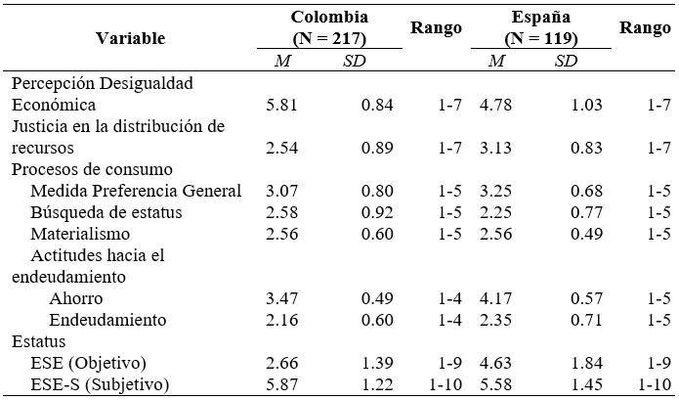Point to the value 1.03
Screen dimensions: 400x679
pos(589,105)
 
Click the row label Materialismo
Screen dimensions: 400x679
pos(80,234)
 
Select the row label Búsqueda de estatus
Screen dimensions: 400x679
pos(103,212)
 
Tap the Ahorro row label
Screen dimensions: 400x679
pos(75,298)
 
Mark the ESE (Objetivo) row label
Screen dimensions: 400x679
pos(92,363)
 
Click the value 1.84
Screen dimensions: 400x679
pos(589,363)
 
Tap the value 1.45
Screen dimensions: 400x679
pos(589,384)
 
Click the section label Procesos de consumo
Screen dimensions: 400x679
pos(92,169)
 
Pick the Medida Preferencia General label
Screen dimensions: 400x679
pos(136,191)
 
